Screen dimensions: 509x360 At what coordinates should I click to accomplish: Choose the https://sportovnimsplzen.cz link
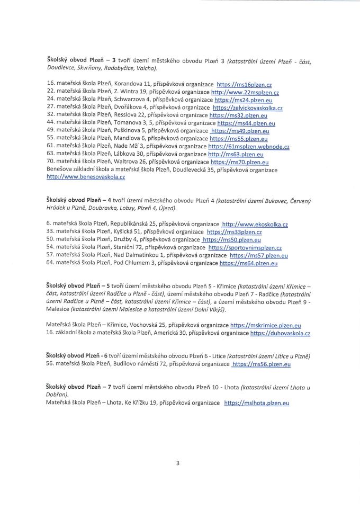click(x=245, y=247)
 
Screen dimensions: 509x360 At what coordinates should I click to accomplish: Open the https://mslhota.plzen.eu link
click(x=257, y=403)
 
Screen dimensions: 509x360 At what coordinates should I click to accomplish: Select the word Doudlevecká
click(x=190, y=170)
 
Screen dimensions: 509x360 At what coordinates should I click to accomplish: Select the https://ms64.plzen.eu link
click(x=248, y=263)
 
